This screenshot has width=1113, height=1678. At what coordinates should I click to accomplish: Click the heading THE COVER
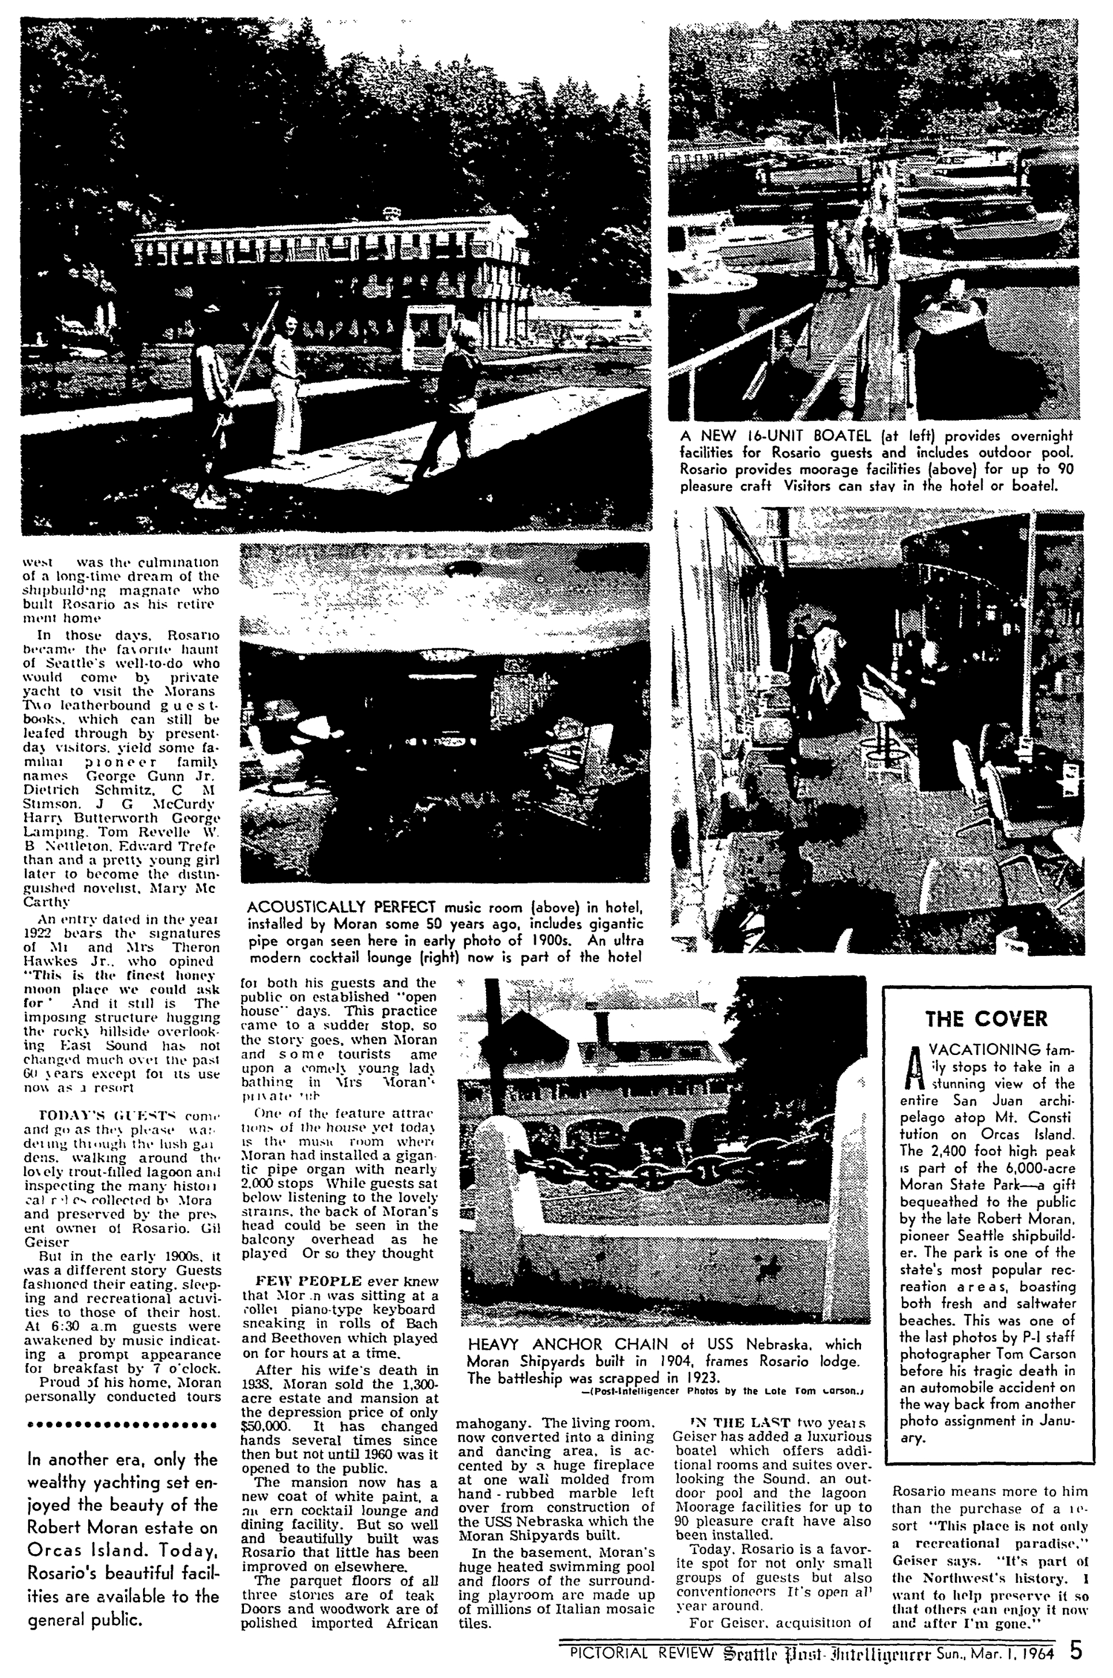coord(986,1019)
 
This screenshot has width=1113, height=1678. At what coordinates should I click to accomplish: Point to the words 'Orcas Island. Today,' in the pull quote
coord(121,1530)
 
